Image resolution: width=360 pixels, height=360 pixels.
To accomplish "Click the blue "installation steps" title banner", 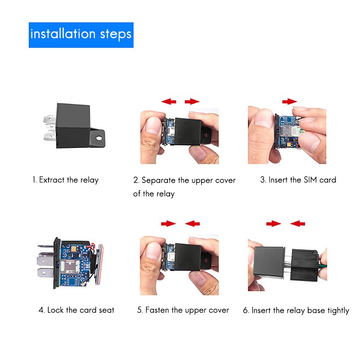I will point(81,35).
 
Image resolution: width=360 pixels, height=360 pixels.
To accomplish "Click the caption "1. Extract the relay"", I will point(65,180).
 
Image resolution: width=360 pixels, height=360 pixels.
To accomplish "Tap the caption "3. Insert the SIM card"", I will point(298,180).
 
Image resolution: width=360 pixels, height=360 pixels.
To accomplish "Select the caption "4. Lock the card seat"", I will point(76,310).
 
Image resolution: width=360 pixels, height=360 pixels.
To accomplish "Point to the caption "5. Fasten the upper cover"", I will point(183,310).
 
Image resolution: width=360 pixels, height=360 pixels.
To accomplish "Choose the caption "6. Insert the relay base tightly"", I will point(296,310).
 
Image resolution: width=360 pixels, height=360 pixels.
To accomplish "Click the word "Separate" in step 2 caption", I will point(158,180).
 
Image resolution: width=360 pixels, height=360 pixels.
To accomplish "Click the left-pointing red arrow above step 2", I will point(169,101).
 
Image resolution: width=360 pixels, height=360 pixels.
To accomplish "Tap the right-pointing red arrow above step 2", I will point(192,101).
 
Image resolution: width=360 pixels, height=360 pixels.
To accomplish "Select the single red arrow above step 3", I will point(289,101).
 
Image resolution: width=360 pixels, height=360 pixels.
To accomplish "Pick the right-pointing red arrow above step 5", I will point(168,223).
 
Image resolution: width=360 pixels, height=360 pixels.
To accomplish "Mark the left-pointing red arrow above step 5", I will point(193,223).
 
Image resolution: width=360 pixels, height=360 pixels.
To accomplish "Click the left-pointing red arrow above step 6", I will point(297,223).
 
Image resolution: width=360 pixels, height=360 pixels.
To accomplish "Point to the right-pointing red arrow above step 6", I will point(273,223).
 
